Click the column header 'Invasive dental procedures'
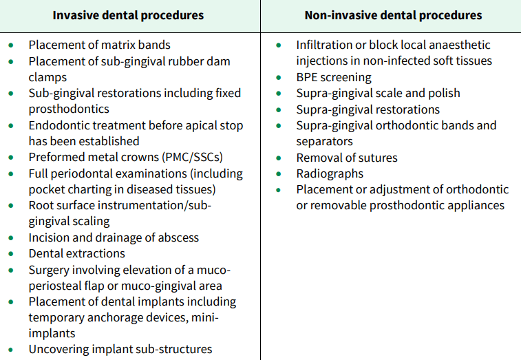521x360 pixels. pyautogui.click(x=129, y=15)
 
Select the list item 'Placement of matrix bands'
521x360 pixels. pyautogui.click(x=99, y=45)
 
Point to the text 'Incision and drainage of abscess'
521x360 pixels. pyautogui.click(x=114, y=237)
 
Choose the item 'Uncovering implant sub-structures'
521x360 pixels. pyautogui.click(x=120, y=349)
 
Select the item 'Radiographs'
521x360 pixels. pyautogui.click(x=330, y=173)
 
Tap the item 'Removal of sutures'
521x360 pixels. pyautogui.click(x=347, y=158)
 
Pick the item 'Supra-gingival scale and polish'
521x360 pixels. pyautogui.click(x=378, y=93)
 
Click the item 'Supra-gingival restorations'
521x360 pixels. pyautogui.click(x=368, y=109)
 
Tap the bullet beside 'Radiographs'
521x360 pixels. pyautogui.click(x=278, y=173)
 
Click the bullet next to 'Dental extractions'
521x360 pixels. pyautogui.click(x=11, y=253)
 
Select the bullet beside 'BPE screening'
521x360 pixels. pyautogui.click(x=278, y=77)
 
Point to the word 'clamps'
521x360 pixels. pyautogui.click(x=47, y=77)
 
